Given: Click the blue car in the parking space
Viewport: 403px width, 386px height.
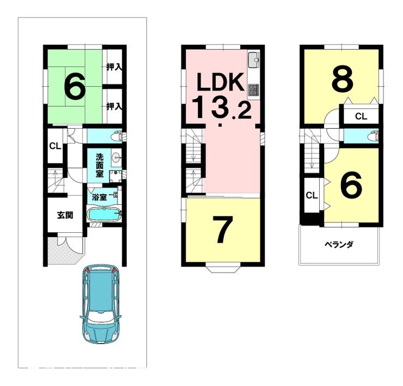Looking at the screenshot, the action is (x=100, y=304).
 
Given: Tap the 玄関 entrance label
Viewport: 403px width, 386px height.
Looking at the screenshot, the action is (x=65, y=215).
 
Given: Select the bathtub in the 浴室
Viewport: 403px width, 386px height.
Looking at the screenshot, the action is (x=104, y=214).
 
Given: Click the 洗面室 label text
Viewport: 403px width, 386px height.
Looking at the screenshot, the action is (x=100, y=165).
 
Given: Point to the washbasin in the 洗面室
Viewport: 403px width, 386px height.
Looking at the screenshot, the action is (x=116, y=156).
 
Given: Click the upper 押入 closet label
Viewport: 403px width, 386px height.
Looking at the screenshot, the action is (x=114, y=67).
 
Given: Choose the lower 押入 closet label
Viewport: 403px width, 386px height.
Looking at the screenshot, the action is (x=114, y=106).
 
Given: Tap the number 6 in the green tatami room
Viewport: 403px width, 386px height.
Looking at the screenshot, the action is (x=75, y=86).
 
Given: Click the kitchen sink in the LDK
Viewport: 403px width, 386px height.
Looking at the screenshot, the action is (x=254, y=60).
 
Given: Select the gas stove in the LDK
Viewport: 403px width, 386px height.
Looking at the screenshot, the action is (x=254, y=91).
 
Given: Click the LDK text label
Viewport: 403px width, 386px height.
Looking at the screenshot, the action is (x=220, y=82).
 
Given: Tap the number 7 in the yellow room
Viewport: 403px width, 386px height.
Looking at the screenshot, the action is (x=223, y=230).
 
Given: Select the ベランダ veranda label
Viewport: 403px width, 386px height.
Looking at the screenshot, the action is (x=339, y=244).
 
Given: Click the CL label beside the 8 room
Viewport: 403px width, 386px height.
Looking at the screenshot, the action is (x=361, y=117).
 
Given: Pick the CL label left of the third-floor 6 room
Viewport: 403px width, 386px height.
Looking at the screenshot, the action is (x=312, y=196).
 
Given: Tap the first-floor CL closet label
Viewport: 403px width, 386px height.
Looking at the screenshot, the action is (x=55, y=147).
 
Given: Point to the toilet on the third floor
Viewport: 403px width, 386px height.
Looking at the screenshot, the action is (x=373, y=136).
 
